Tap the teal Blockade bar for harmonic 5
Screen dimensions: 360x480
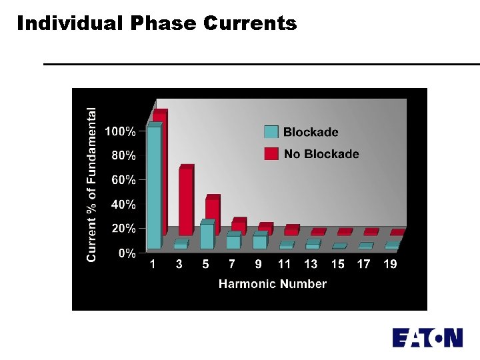click(207, 236)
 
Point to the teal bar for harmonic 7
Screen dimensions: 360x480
click(233, 242)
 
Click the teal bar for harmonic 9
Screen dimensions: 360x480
click(259, 242)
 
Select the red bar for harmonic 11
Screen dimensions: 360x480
click(291, 231)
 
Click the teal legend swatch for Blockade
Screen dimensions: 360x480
click(271, 132)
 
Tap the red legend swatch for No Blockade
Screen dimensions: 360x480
click(271, 154)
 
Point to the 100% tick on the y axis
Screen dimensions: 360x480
click(123, 131)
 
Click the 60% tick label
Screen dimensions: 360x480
click(123, 180)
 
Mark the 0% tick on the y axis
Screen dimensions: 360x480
click(127, 253)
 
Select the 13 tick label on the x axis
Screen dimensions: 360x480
click(311, 264)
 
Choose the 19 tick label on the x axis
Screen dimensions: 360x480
click(390, 264)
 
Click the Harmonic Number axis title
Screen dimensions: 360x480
click(273, 284)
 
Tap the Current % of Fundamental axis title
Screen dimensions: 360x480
click(92, 185)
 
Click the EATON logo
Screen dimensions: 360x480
click(427, 337)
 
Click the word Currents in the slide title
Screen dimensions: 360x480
click(250, 23)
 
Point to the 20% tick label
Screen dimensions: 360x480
click(123, 229)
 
